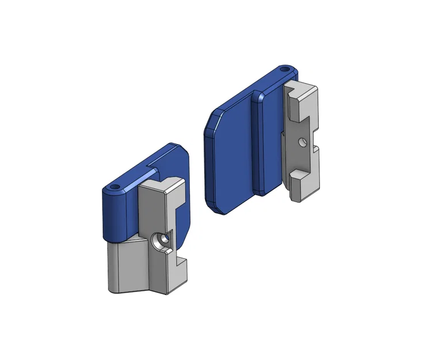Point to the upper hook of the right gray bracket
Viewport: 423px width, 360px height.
pyautogui.click(x=302, y=94)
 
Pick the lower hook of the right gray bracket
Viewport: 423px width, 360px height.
pyautogui.click(x=303, y=185)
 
